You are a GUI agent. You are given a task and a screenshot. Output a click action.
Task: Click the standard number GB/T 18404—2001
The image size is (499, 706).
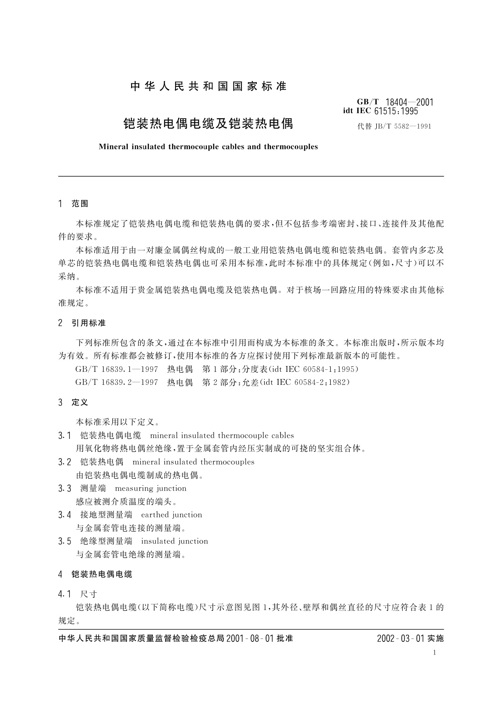395,102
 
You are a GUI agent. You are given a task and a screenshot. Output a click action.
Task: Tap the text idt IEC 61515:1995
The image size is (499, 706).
380,111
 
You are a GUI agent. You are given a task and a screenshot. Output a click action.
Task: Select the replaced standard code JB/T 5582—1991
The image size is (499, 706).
394,126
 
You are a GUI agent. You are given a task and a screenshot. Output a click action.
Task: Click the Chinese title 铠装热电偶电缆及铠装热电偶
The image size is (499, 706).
208,124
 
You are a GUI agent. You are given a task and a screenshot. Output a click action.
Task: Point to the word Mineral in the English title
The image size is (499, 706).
114,147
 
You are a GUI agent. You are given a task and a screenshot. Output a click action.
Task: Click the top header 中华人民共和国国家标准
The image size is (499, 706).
208,86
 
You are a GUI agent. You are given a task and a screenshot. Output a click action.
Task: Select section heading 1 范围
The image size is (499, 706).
74,204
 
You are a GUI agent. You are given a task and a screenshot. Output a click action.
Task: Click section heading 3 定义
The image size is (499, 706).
74,402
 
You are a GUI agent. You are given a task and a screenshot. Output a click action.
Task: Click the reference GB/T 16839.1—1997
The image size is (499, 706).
116,369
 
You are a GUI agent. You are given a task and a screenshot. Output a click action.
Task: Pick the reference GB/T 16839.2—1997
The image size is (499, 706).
116,382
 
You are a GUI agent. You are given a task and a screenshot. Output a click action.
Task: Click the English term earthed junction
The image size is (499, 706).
172,515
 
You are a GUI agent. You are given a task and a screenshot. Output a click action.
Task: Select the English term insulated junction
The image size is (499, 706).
175,541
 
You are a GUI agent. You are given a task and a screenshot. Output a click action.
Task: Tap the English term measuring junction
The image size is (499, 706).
150,488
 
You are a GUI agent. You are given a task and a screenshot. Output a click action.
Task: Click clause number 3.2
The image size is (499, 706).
65,462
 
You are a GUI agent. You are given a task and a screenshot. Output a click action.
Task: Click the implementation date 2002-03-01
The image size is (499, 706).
401,639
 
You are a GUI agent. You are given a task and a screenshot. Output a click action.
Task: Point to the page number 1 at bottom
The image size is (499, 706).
434,652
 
